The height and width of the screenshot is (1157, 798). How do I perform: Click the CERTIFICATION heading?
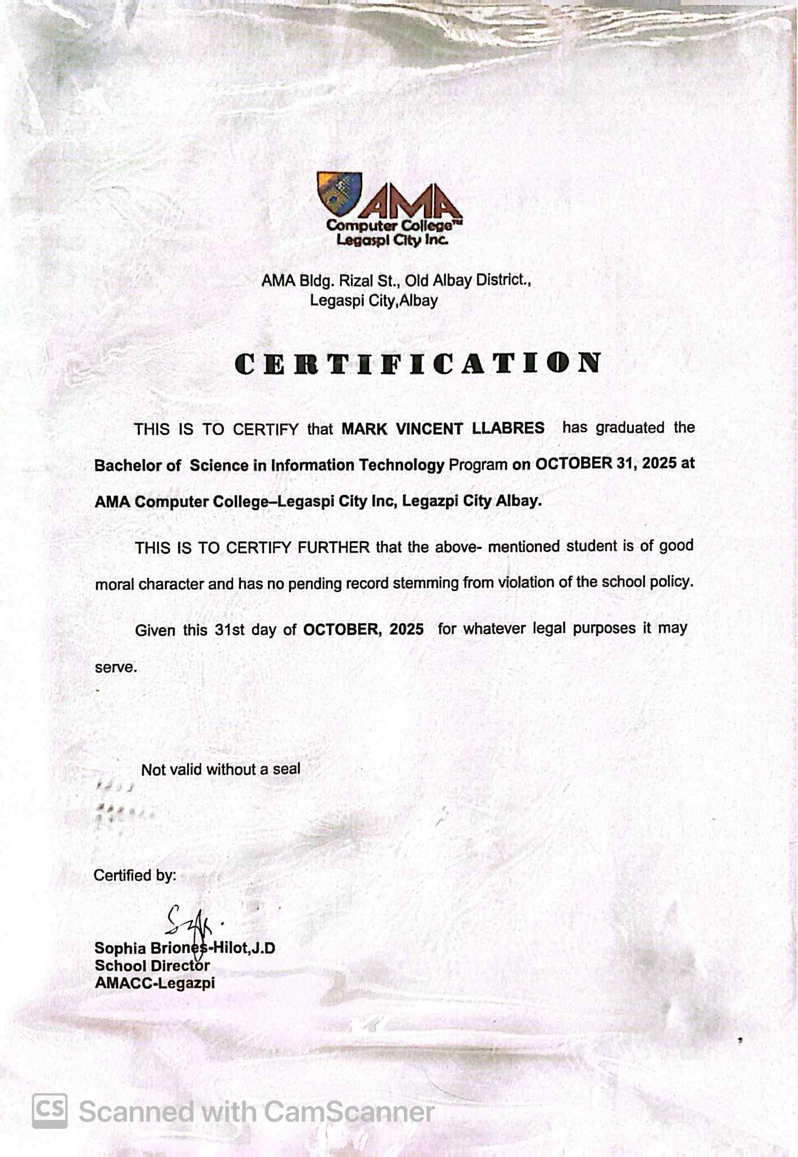418,364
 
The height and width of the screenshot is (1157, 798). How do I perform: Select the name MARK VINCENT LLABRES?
443,428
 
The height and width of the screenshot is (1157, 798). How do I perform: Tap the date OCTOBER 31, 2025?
605,463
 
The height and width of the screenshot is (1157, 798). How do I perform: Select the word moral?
114,584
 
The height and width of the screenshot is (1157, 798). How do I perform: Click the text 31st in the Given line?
229,630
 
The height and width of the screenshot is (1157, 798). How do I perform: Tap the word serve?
115,667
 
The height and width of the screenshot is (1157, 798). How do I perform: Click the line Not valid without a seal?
220,769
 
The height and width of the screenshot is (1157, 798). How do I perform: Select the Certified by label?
135,875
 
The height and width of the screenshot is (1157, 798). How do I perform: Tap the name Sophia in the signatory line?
120,948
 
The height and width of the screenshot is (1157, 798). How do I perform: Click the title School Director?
152,966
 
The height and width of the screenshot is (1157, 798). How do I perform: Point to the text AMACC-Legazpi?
154,984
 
